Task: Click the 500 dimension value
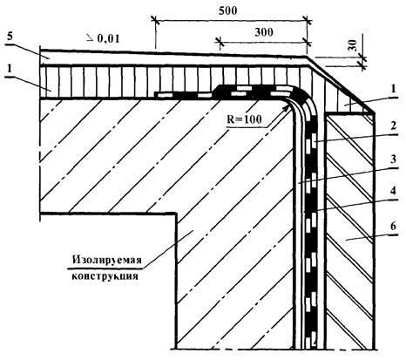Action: click(228, 10)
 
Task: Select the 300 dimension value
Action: click(264, 32)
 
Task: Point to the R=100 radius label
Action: click(244, 119)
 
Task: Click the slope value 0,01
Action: click(108, 38)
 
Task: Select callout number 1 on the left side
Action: click(10, 70)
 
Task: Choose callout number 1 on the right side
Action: click(393, 89)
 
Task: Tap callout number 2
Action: click(393, 126)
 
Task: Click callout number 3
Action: click(393, 159)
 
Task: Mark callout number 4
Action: click(393, 191)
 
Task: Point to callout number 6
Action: click(393, 226)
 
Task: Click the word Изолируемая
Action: click(107, 260)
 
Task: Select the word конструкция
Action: click(105, 275)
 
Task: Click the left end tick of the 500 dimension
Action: click(155, 20)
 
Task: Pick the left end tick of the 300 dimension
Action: click(220, 42)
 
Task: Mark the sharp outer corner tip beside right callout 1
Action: click(375, 112)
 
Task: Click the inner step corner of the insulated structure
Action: click(176, 214)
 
